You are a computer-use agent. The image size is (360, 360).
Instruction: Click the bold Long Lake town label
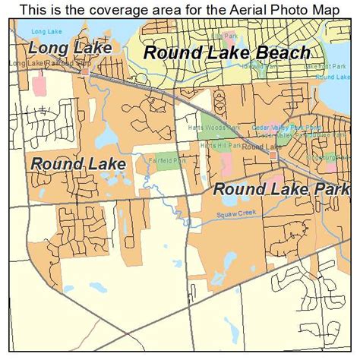69,48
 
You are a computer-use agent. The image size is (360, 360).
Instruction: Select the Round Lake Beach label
226,52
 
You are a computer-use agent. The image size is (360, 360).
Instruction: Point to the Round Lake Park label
280,189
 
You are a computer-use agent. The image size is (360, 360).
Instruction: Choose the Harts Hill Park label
220,144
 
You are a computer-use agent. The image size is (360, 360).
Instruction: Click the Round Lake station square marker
273,155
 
